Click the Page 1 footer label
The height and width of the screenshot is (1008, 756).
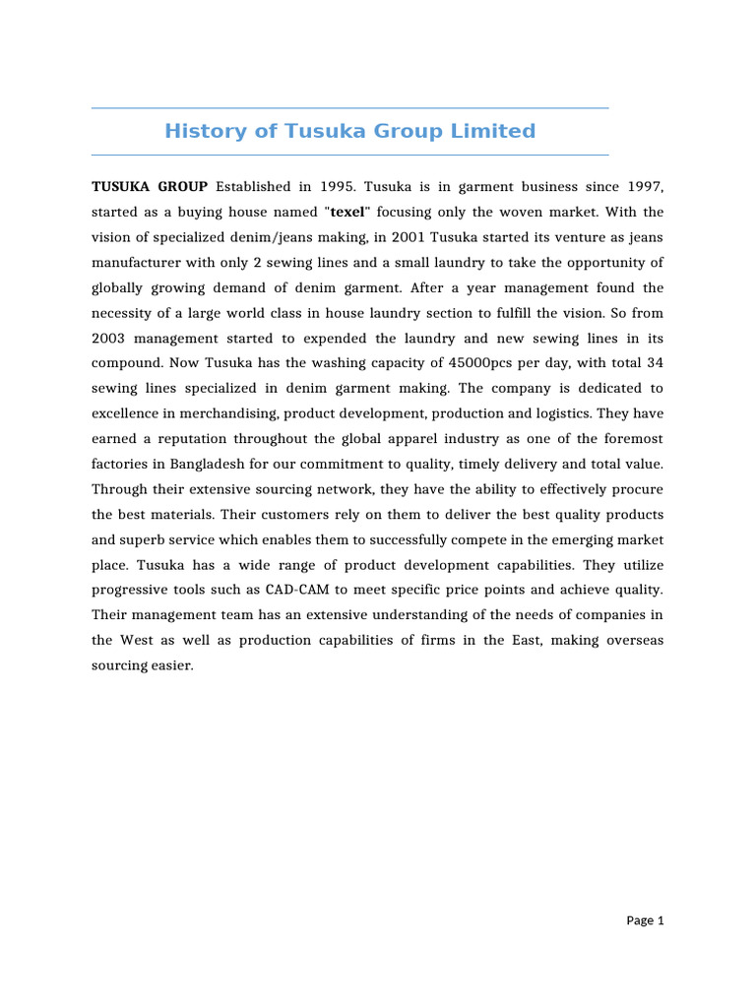tap(646, 920)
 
